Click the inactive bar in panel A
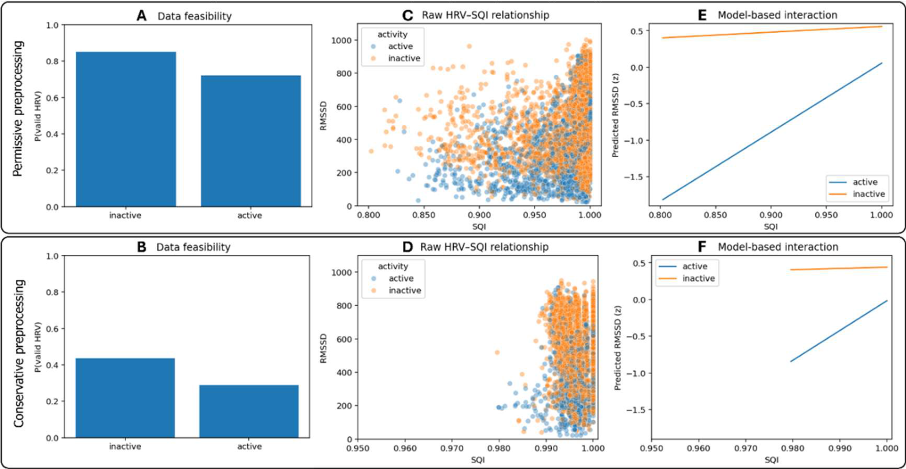(x=126, y=130)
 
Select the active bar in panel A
(x=251, y=141)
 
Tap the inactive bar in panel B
(x=125, y=398)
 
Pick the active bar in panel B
(x=249, y=411)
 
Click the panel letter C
(x=408, y=16)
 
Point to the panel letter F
(x=702, y=247)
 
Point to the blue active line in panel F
(x=839, y=331)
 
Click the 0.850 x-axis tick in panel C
(x=424, y=215)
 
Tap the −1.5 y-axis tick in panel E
(x=637, y=177)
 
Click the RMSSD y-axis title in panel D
(x=324, y=349)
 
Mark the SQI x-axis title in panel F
(x=771, y=460)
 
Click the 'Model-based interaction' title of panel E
(x=777, y=16)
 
